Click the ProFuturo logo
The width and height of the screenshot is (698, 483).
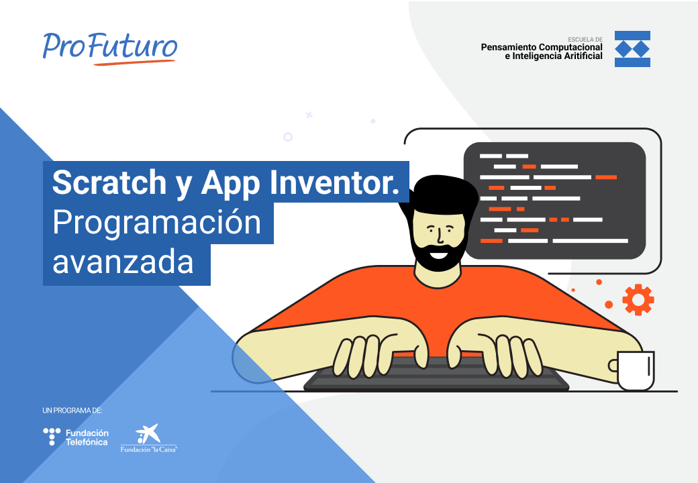[110, 46]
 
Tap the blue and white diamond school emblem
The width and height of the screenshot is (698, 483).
[632, 49]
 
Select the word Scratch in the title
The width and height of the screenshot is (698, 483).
[108, 182]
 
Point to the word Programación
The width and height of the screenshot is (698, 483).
[156, 223]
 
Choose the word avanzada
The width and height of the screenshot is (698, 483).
[123, 262]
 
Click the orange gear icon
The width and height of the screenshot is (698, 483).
[638, 299]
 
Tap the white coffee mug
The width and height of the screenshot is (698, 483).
[634, 370]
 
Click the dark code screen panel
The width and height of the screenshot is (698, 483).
[554, 201]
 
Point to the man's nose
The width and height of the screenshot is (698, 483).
[439, 235]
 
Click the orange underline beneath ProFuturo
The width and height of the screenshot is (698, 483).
[134, 63]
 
